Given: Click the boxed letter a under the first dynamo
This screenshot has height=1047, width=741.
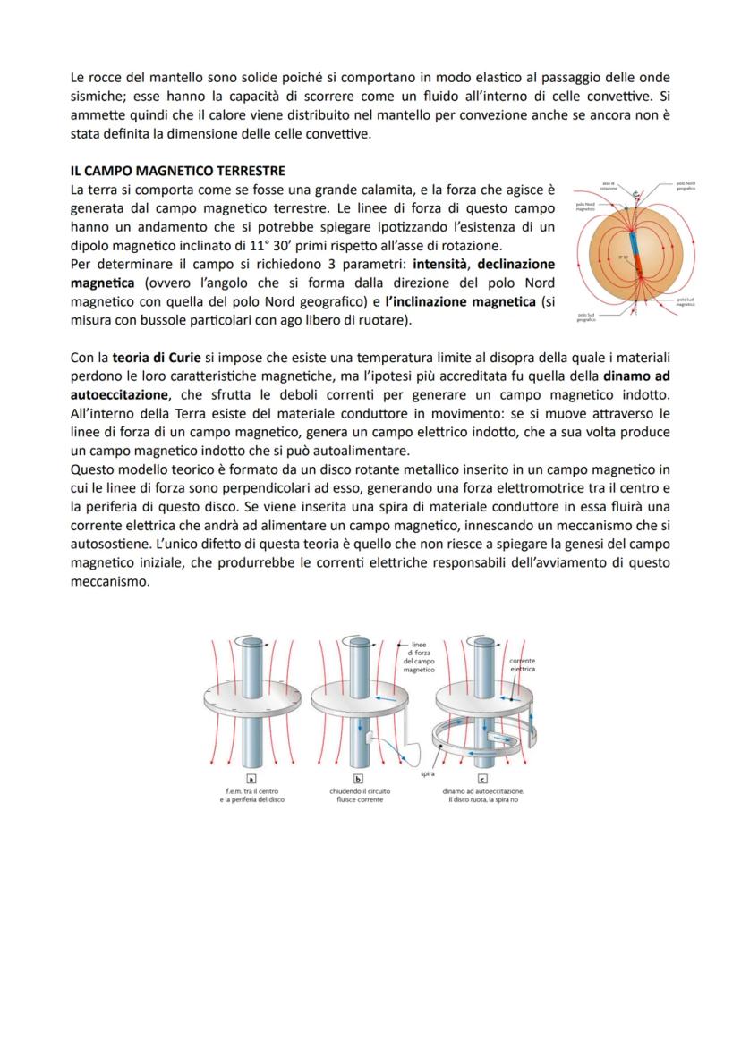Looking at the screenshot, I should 251,779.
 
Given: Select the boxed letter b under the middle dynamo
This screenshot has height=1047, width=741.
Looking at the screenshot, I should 357,779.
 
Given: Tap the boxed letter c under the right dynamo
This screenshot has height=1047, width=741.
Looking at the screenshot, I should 482,779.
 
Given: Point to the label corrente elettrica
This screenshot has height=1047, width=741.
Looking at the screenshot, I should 523,663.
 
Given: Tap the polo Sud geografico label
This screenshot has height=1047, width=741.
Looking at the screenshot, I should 587,317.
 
